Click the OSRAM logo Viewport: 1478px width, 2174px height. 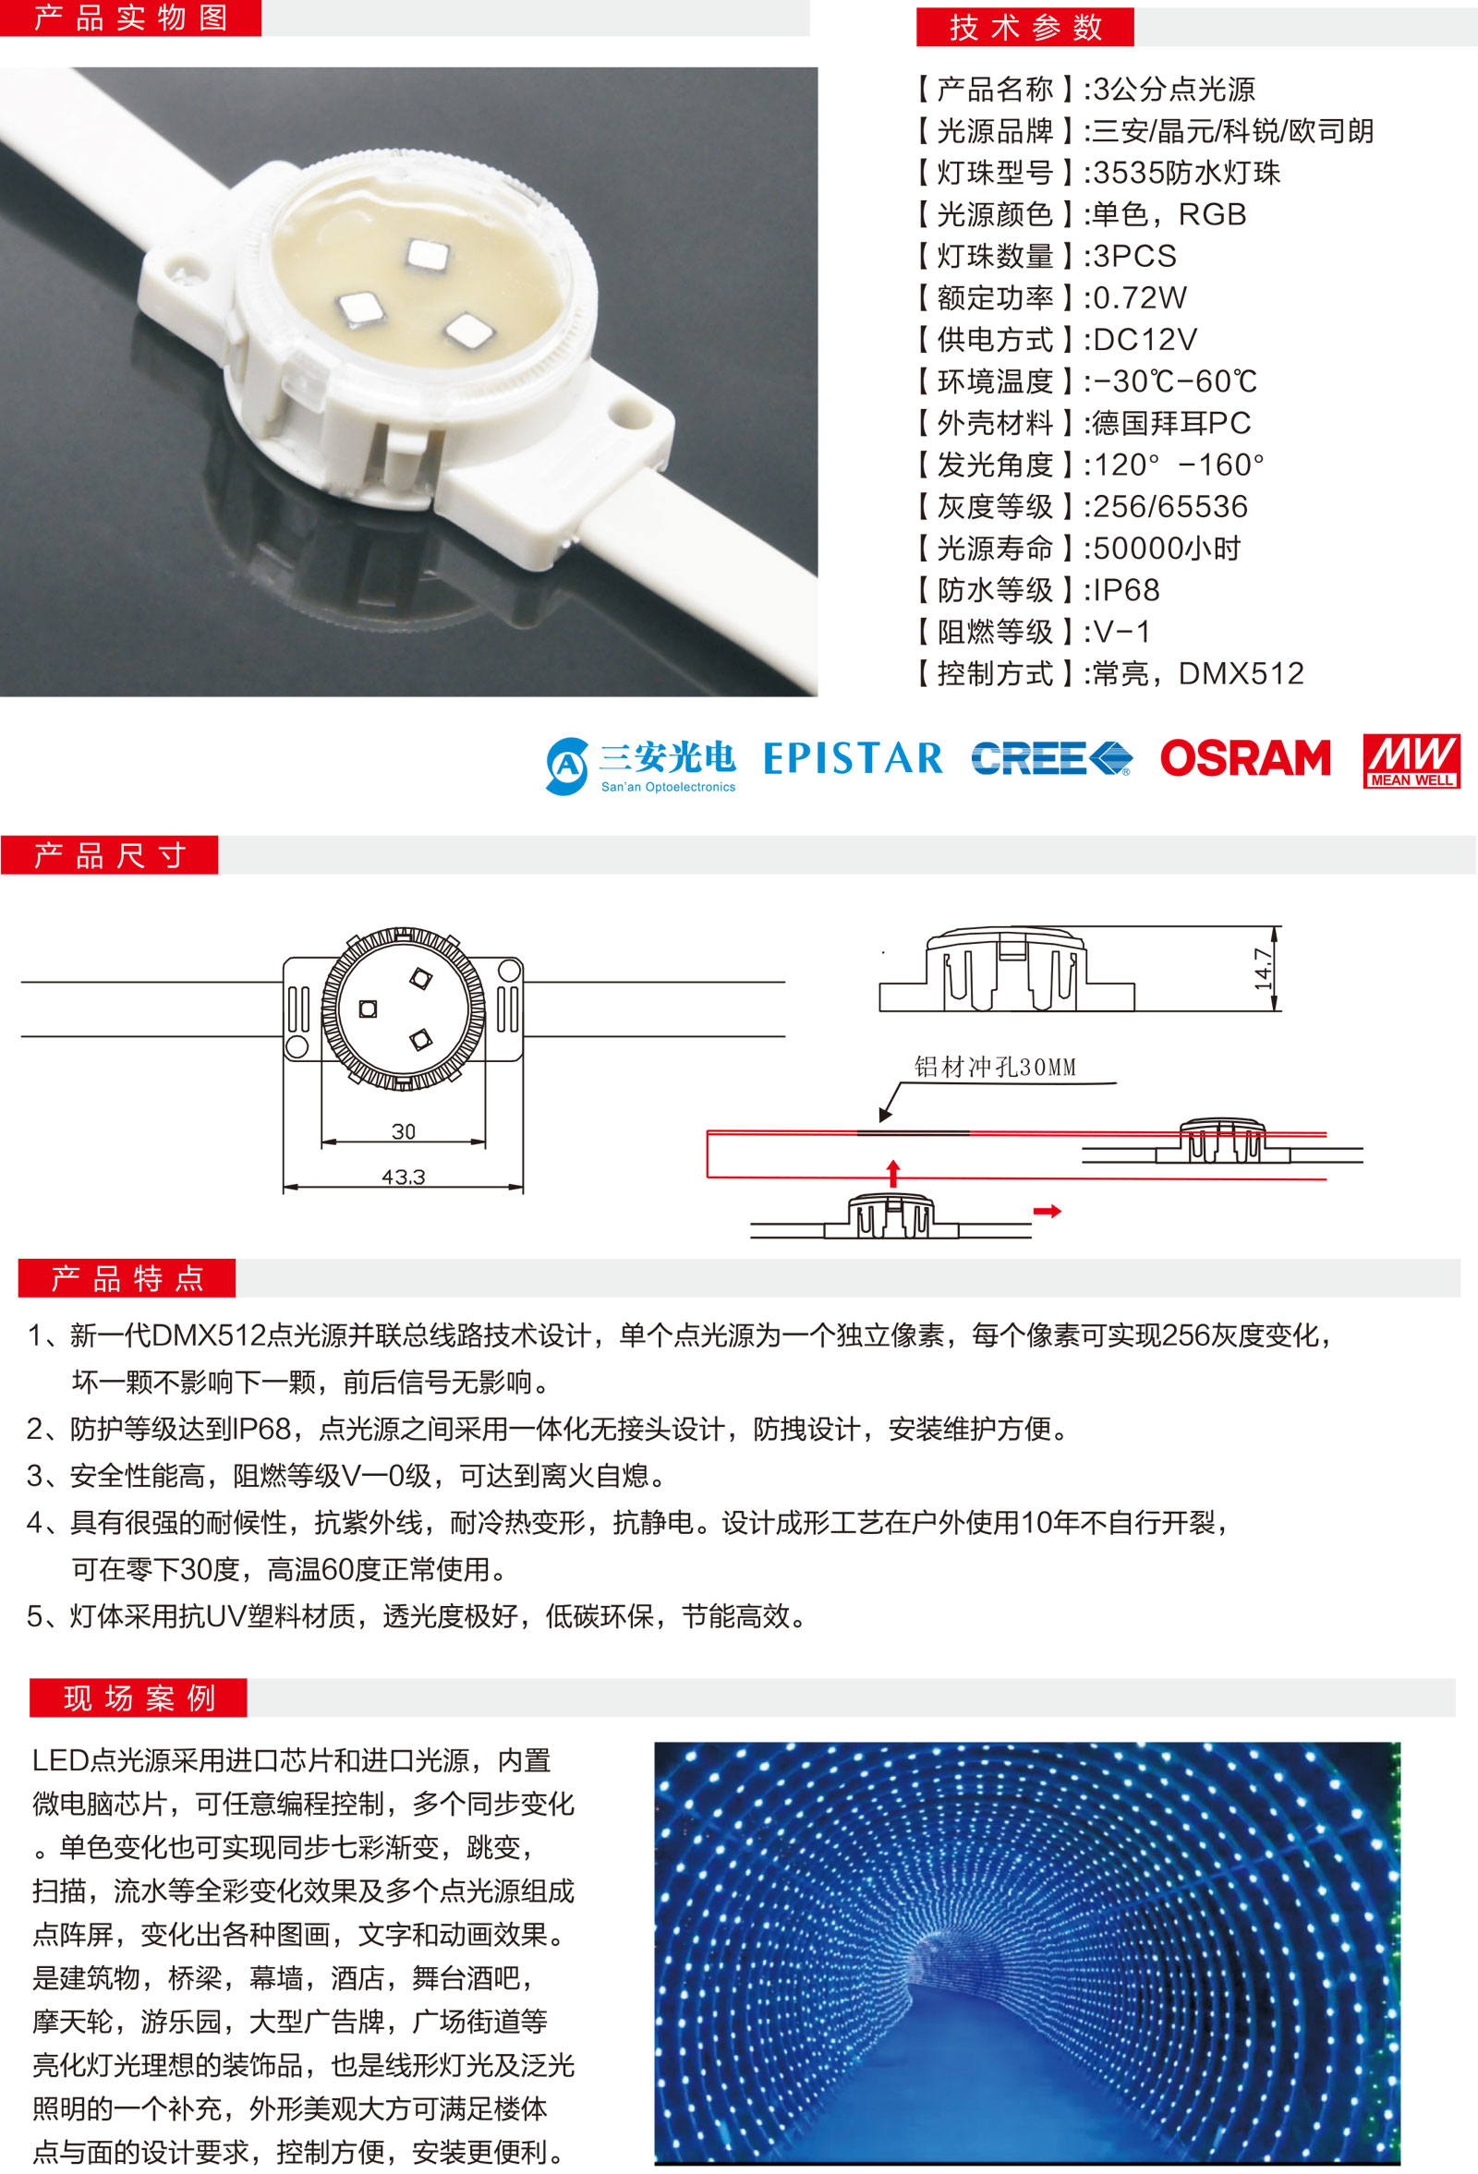(1245, 758)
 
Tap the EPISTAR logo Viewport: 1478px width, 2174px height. (854, 758)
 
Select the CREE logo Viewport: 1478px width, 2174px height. (1051, 758)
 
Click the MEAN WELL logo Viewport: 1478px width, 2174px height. (1411, 760)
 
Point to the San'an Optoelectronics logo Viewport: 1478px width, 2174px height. (641, 767)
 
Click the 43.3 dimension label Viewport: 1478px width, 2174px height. (403, 1177)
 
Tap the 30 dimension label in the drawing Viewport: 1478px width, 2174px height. (403, 1131)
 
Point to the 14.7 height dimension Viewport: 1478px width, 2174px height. (1264, 969)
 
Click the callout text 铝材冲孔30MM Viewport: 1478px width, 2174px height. (995, 1068)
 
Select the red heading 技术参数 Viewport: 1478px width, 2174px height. (1025, 27)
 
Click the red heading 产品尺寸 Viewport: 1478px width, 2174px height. (109, 855)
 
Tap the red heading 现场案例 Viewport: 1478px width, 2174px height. (139, 1697)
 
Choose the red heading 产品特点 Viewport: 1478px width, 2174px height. (127, 1278)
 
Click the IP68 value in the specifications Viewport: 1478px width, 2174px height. (1126, 590)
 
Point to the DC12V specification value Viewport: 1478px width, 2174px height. (1145, 340)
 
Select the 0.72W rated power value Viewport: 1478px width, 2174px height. (1139, 297)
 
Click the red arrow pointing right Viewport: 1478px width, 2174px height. (1048, 1212)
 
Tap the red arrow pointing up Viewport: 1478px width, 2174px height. (893, 1173)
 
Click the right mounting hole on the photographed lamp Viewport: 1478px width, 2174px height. (623, 410)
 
